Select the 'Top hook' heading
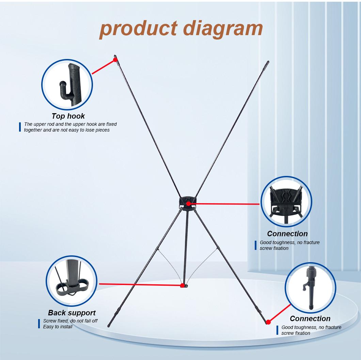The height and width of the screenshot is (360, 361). (68, 116)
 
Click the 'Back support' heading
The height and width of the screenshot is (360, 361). (72, 313)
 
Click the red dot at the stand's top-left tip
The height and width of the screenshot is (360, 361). (115, 60)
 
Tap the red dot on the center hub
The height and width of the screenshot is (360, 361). (188, 204)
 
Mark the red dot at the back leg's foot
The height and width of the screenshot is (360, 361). (182, 286)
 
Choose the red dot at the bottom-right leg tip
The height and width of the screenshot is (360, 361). (268, 322)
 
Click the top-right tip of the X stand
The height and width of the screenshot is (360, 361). (268, 61)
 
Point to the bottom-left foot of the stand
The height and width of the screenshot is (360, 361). (108, 326)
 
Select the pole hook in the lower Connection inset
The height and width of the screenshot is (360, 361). (305, 286)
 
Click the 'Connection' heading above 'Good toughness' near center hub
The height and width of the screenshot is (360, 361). (287, 234)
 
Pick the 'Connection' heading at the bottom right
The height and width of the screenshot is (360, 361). (310, 318)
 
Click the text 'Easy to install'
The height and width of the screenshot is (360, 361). (58, 327)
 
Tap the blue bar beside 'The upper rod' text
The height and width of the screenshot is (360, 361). (20, 127)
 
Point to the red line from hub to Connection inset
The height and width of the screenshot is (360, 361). (224, 204)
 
